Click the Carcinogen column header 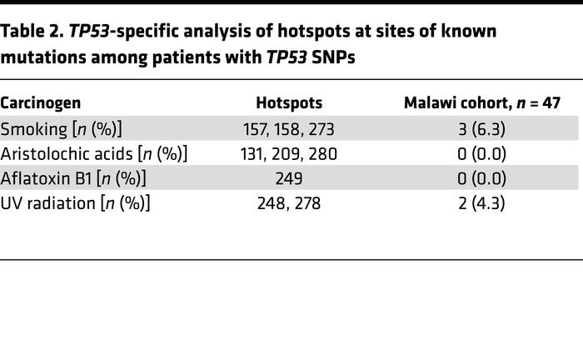coord(41,102)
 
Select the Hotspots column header coord(288,102)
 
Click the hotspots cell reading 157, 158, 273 coord(288,128)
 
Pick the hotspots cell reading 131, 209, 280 coord(288,154)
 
